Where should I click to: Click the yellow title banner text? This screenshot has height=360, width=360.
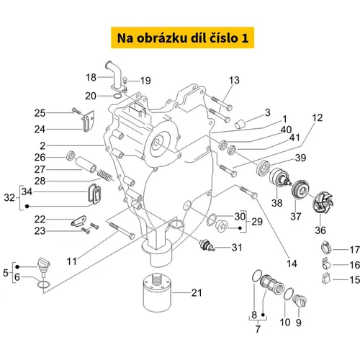pos(183,38)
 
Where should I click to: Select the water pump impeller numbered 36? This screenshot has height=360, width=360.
pos(322,203)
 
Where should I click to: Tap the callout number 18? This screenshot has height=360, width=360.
pos(91,77)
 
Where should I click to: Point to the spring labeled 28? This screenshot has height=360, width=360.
pos(105,175)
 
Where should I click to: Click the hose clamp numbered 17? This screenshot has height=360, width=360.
pos(326,248)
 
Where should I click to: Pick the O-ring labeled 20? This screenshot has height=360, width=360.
pos(117,96)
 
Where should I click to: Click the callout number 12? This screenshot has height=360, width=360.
pos(318,117)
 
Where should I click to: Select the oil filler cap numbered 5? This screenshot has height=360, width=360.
pos(44,266)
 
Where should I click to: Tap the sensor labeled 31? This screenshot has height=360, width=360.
pos(206,246)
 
